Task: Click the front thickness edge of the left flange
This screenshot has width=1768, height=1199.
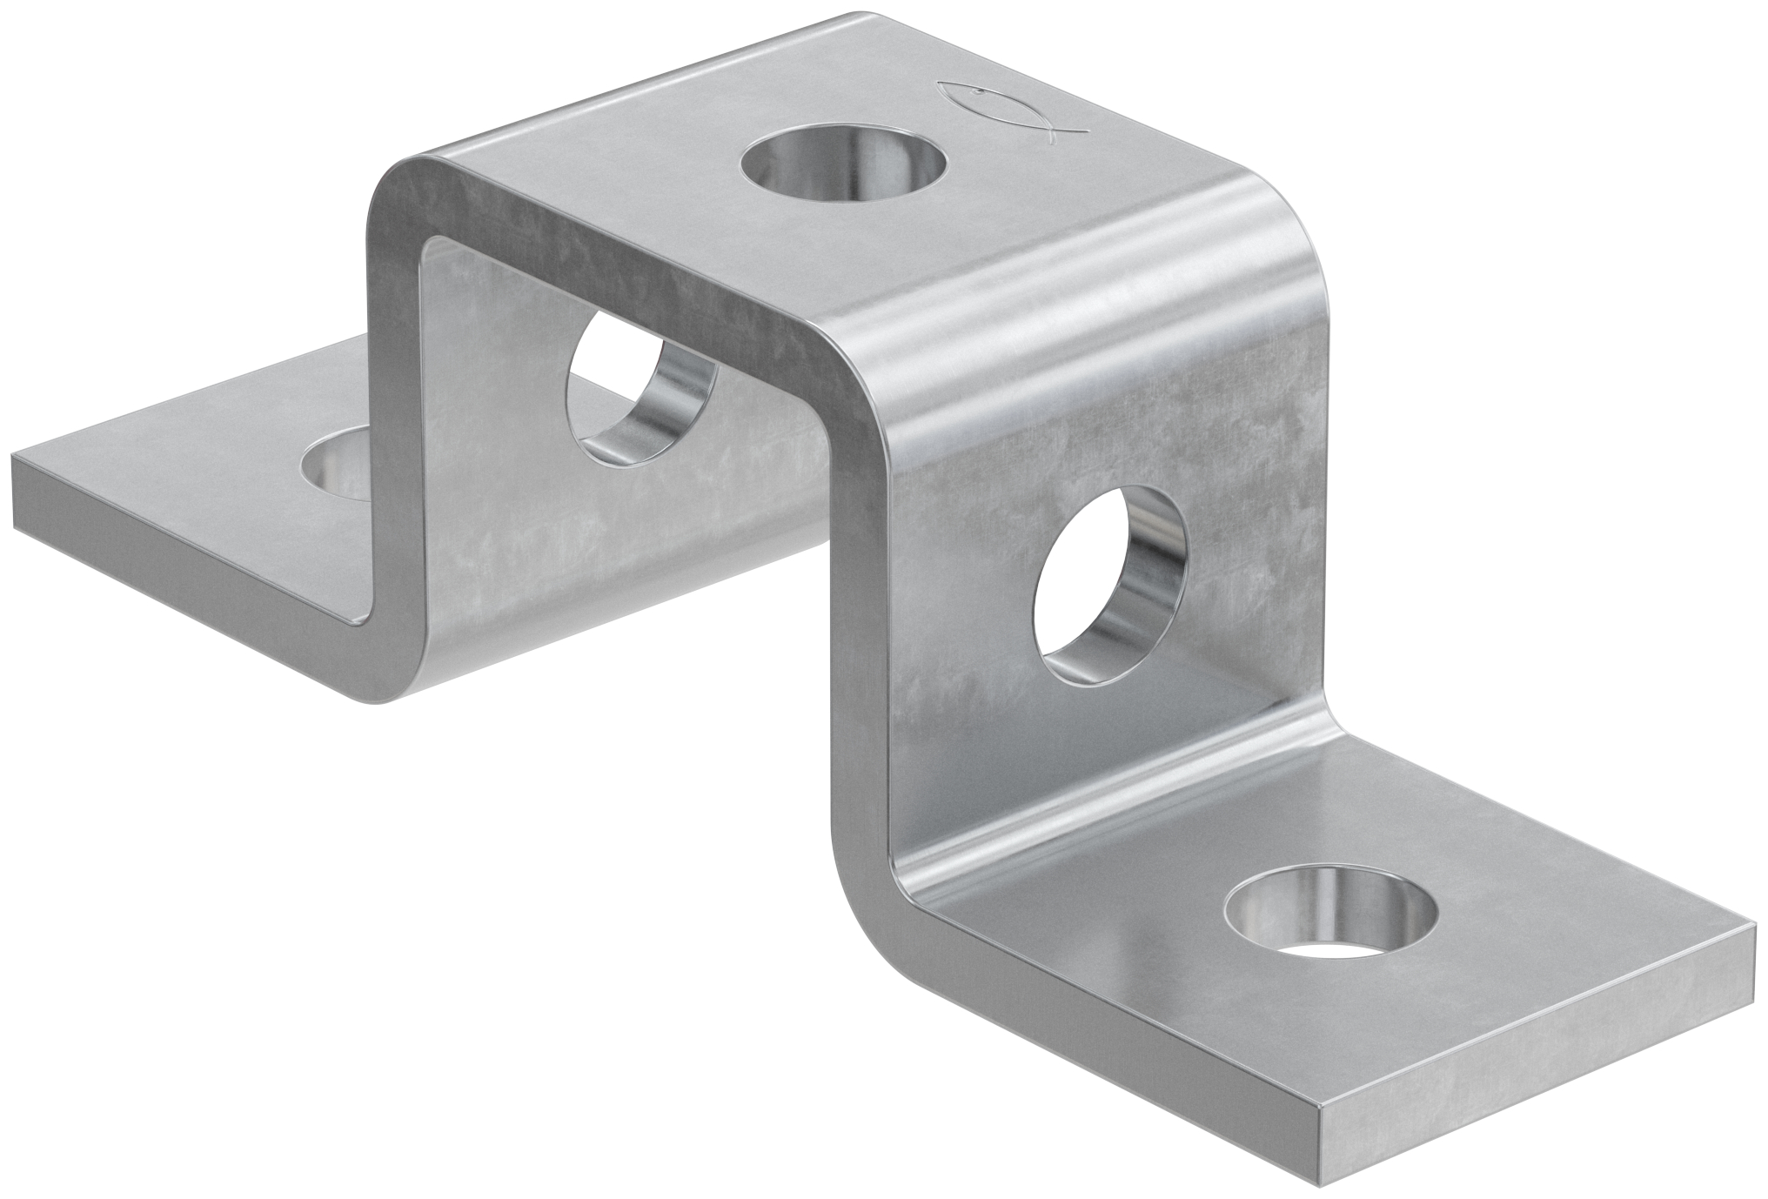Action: point(174,557)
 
